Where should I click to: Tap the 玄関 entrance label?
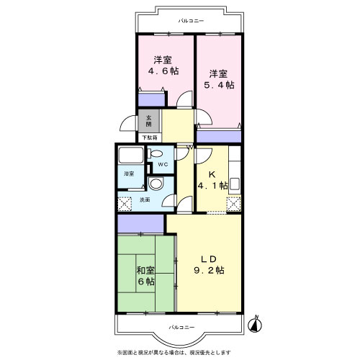pos(149,121)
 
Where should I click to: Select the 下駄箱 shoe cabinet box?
pos(150,138)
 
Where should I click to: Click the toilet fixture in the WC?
pos(154,153)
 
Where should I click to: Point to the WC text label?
pos(163,165)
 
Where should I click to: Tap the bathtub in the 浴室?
pos(131,155)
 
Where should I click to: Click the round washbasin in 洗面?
pos(156,184)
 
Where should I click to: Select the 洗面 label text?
pos(145,199)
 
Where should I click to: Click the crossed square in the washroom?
pos(125,204)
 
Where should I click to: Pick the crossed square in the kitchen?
pos(233,204)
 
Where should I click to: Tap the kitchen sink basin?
pos(235,184)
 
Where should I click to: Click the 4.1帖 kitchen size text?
pos(212,186)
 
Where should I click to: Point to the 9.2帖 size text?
pos(209,271)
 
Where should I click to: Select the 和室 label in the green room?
pos(145,271)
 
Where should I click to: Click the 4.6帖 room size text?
pos(163,71)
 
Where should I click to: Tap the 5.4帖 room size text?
pos(219,85)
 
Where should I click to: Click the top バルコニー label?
pos(191,21)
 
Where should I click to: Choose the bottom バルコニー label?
pos(181,327)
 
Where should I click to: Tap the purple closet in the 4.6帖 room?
pos(151,99)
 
